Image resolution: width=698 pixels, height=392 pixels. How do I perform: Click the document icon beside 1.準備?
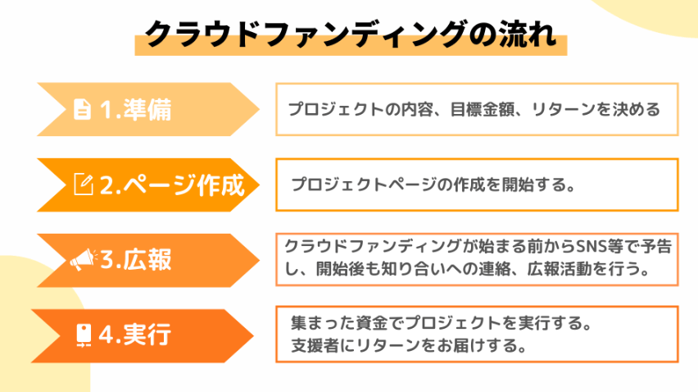click(83, 109)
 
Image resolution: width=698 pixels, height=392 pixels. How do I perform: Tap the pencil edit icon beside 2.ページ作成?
click(84, 184)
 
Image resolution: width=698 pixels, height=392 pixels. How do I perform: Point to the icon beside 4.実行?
click(84, 335)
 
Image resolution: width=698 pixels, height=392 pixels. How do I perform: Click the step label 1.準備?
click(136, 110)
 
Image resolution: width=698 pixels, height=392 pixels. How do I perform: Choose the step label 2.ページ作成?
click(172, 185)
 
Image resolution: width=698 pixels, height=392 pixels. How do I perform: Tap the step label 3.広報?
click(136, 260)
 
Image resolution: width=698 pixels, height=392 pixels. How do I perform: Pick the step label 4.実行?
click(135, 335)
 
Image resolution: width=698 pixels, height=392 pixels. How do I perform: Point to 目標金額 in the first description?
click(482, 110)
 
